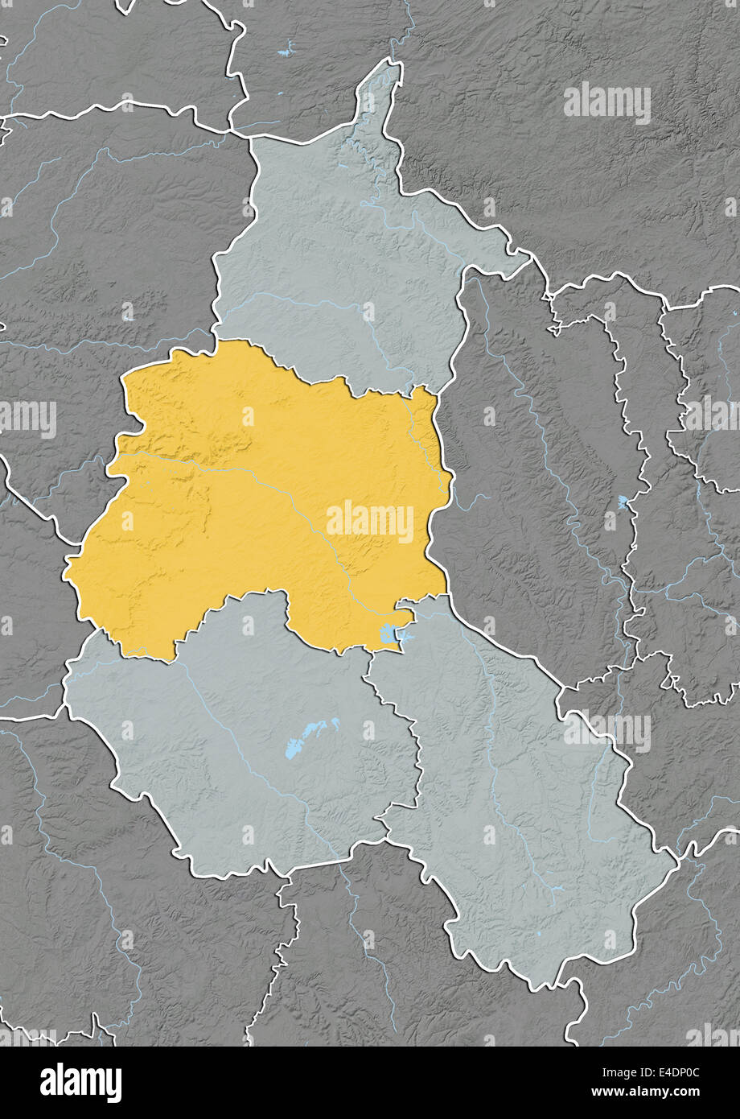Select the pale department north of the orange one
(338, 266)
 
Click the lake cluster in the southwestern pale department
(310, 737)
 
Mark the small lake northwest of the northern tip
(286, 53)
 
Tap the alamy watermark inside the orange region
(370, 522)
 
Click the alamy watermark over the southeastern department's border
(607, 731)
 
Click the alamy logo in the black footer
(80, 1083)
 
